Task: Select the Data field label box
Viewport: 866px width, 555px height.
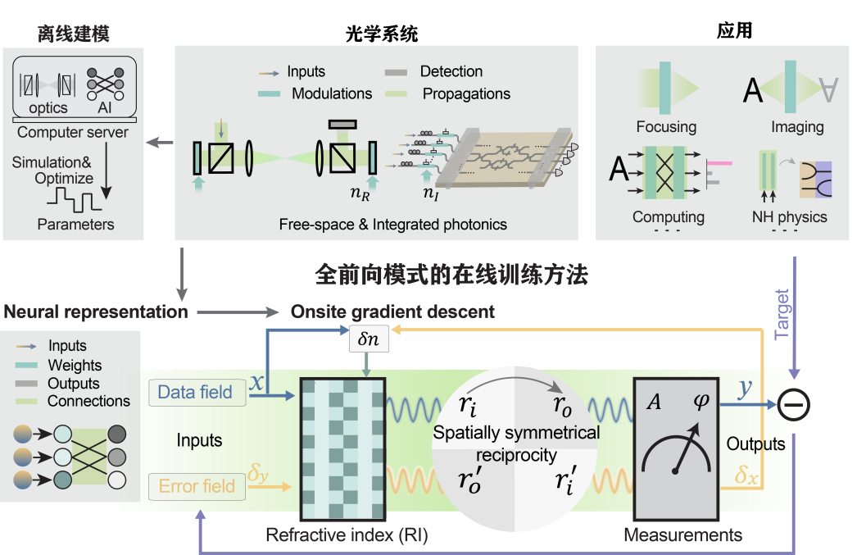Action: coord(195,393)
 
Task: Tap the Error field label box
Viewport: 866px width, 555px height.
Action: coord(196,486)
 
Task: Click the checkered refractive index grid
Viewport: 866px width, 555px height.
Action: coord(342,448)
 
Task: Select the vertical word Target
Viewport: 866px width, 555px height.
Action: coord(782,313)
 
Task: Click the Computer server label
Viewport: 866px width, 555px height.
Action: coord(73,132)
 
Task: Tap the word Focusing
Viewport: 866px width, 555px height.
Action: coord(666,127)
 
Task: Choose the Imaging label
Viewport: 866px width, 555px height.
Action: coord(796,127)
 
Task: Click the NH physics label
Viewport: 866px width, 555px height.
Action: coord(789,217)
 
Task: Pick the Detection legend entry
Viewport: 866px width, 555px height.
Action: coord(451,72)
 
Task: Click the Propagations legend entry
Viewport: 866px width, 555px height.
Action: coord(466,93)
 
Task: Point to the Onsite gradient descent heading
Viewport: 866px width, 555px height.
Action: coord(392,312)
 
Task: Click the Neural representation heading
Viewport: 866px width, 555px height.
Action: coord(95,312)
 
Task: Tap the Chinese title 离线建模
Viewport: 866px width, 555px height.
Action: coord(73,34)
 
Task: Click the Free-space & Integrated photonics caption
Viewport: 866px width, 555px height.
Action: coord(393,224)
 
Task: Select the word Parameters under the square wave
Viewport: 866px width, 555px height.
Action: coord(75,224)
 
